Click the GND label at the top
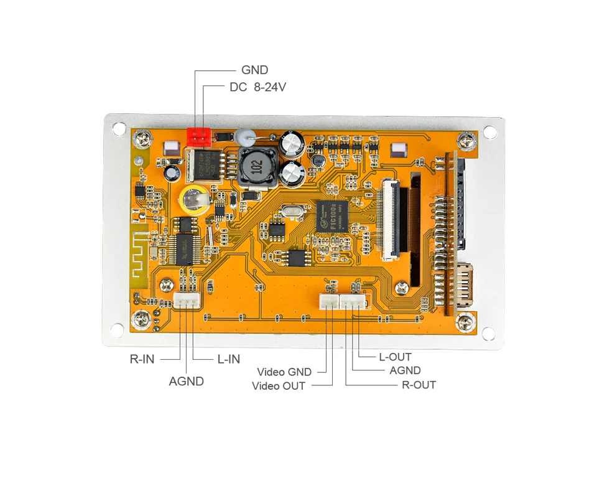[254, 70]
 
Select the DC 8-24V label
[257, 87]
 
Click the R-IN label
[142, 359]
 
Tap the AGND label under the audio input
[186, 381]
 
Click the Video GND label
[284, 372]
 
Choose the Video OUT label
[279, 386]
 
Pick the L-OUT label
[395, 357]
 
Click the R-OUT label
[419, 385]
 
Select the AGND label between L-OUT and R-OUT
[405, 371]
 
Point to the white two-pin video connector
[329, 302]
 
